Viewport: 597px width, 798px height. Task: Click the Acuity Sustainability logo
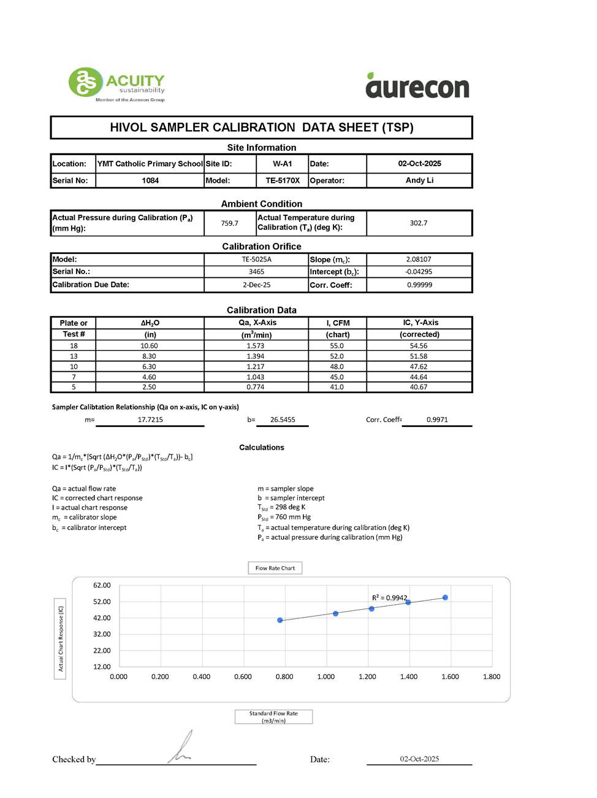(116, 84)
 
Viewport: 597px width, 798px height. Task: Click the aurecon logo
(417, 86)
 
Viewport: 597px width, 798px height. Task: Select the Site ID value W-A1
(283, 164)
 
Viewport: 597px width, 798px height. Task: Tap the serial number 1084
(150, 180)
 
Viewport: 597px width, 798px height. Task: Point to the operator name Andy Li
(419, 180)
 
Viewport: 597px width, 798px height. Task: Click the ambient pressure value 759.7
(230, 223)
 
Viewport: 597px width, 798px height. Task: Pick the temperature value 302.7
(419, 223)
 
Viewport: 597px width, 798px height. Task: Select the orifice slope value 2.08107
(419, 259)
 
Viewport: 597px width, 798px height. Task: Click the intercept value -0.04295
(419, 272)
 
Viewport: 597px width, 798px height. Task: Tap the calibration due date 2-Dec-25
(256, 285)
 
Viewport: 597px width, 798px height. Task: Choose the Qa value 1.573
(256, 346)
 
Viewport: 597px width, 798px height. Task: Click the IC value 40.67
(419, 387)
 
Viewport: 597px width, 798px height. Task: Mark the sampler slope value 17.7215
(150, 420)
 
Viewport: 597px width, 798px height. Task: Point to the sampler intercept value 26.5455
(283, 420)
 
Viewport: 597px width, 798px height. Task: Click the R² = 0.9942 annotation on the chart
(390, 597)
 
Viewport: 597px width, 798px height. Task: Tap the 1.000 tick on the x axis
(326, 677)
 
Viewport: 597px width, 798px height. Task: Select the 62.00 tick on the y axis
(102, 585)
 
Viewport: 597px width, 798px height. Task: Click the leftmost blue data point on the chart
(280, 620)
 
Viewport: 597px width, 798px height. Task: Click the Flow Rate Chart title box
(275, 568)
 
